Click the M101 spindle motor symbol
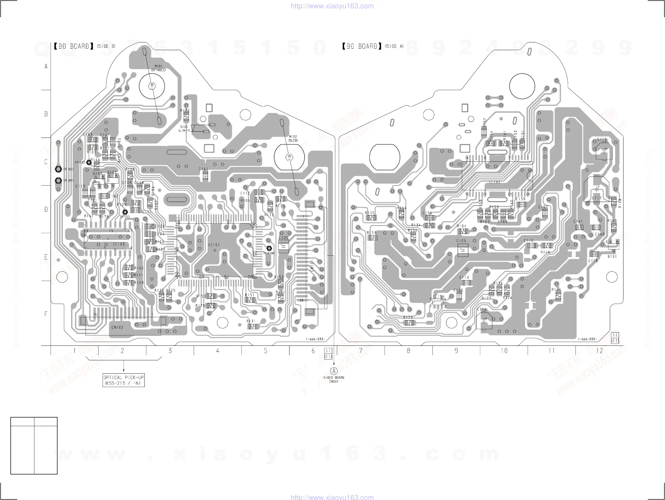coord(152,86)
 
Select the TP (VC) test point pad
coord(58,169)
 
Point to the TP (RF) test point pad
coord(58,181)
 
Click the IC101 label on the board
coord(214,245)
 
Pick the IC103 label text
coord(119,244)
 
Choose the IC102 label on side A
coord(494,182)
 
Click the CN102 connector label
coord(117,327)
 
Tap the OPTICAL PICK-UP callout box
coord(124,380)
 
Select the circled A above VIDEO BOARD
coord(334,371)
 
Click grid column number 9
coord(456,351)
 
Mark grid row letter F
coord(46,314)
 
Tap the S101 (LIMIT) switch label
coord(184,129)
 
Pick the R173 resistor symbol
coord(409,323)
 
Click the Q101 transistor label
coord(612,257)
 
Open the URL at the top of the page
coord(332,6)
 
